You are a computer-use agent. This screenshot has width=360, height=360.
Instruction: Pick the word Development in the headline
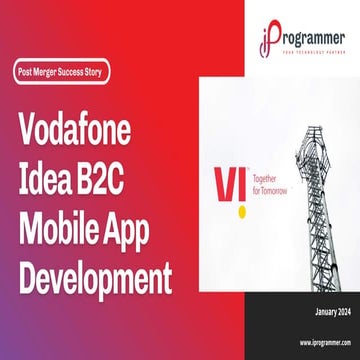(x=95, y=272)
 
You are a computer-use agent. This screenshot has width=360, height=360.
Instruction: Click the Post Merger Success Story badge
(x=62, y=73)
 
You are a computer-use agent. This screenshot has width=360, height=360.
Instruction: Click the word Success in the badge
(x=72, y=73)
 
